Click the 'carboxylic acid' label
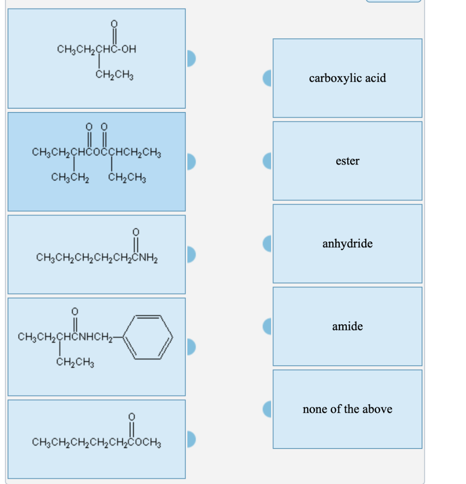pos(347,78)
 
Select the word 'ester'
pos(347,161)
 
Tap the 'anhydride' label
pos(347,244)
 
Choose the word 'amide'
pos(347,327)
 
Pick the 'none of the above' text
pos(347,409)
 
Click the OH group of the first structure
pos(127,49)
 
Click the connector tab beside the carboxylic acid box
pos(268,78)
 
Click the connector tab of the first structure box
pos(191,59)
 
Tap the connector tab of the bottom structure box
pos(191,439)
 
